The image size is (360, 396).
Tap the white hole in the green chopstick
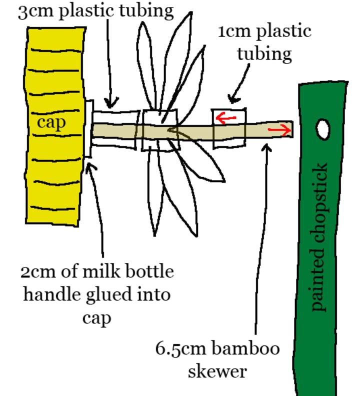click(x=323, y=129)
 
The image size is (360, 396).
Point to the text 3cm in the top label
click(x=35, y=11)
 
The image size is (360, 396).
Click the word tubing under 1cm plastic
click(x=264, y=53)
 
